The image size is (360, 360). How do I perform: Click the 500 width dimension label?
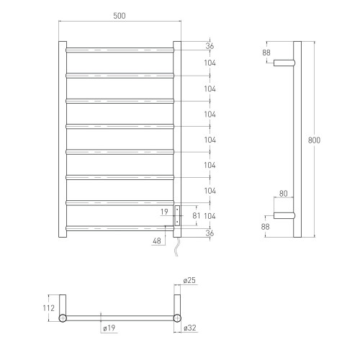(120, 16)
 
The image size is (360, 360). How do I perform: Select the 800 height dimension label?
(314, 140)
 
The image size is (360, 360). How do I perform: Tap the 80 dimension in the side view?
(284, 194)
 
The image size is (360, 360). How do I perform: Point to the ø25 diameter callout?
(189, 280)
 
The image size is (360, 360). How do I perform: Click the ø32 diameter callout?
(190, 328)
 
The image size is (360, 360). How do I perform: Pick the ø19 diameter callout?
(109, 328)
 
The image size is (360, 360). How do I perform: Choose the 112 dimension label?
(49, 308)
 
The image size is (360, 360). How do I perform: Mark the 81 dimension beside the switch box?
(197, 215)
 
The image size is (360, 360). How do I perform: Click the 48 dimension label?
(157, 240)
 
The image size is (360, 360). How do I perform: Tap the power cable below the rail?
(176, 247)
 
